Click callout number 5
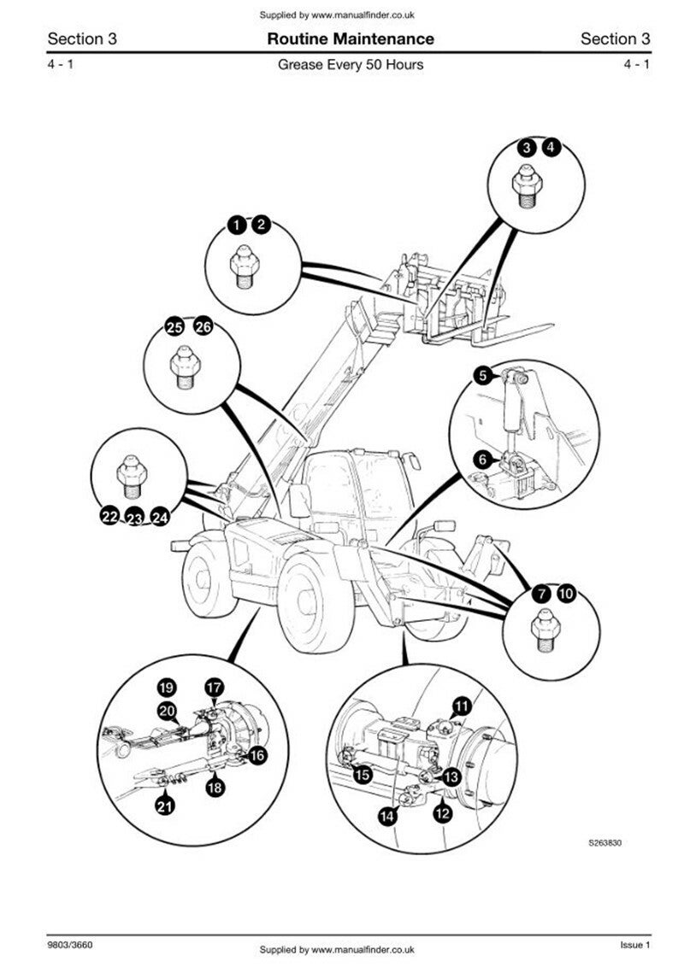point(482,374)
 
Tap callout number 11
point(462,706)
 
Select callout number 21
point(163,804)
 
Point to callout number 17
point(213,686)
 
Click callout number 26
point(203,326)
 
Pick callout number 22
point(109,516)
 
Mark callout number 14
point(388,816)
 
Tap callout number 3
point(528,148)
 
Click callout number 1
point(235,226)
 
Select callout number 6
point(482,460)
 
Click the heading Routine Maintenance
point(351,38)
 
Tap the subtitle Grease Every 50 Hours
point(351,65)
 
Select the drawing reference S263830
point(604,842)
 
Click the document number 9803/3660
point(70,946)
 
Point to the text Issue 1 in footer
point(635,945)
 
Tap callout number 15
point(363,775)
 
